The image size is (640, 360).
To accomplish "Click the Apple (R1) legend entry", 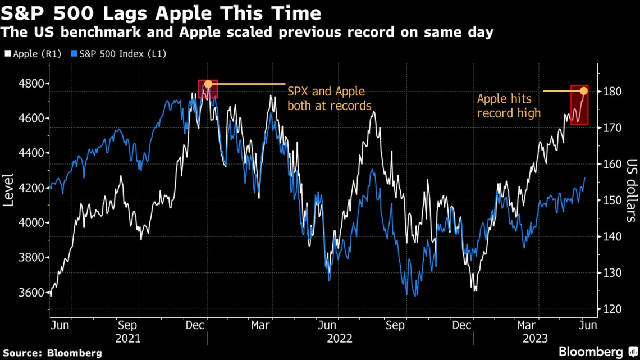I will pos(34,54).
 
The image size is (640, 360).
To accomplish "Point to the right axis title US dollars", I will pos(632,189).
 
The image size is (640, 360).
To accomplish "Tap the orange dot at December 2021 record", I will pos(208,84).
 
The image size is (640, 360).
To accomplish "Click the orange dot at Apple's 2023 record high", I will pos(584,91).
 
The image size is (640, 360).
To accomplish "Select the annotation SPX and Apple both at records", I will pos(329,98).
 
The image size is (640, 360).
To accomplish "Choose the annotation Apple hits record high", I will pos(509,106).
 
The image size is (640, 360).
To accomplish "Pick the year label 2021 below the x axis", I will pos(128,339).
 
